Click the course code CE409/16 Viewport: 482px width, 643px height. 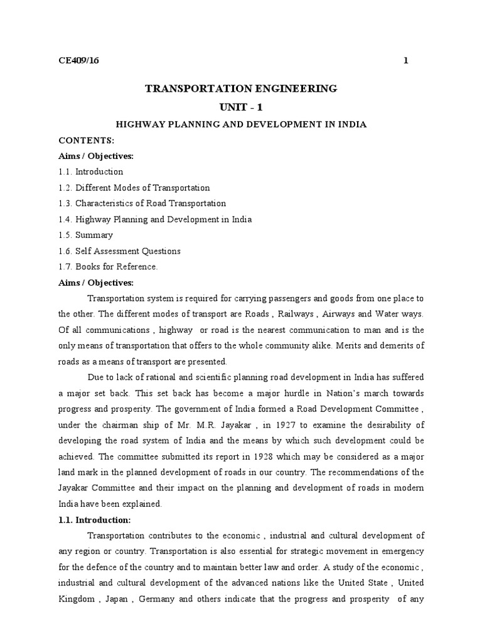79,61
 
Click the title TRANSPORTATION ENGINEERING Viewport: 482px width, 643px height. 241,89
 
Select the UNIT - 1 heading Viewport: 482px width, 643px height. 241,107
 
